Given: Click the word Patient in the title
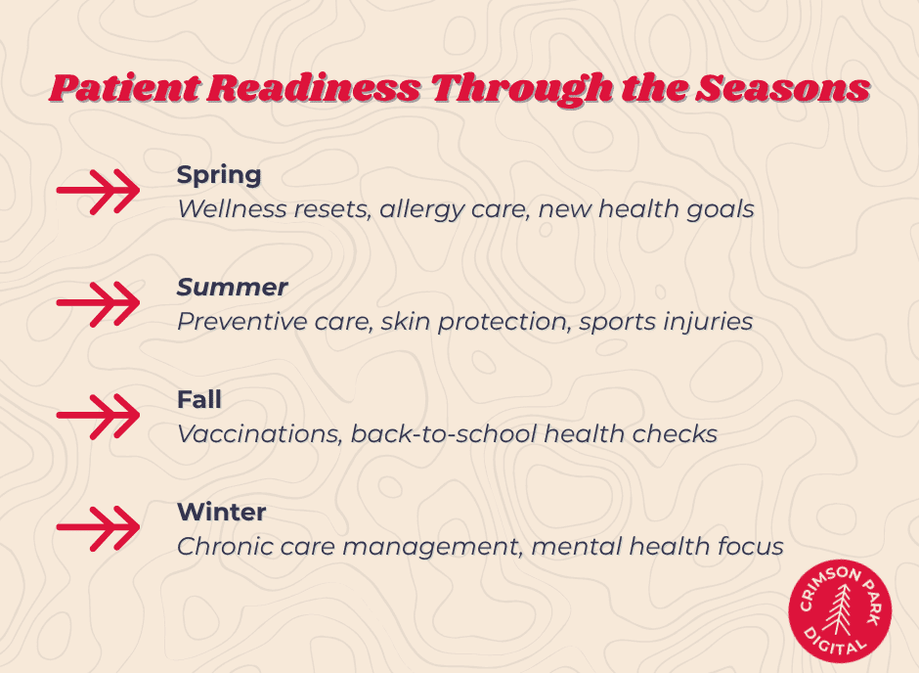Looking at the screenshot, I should (x=120, y=89).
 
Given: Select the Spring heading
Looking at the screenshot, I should (x=218, y=175).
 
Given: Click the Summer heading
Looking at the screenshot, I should (x=232, y=287).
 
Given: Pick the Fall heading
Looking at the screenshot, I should (x=198, y=399).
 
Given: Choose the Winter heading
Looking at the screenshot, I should (x=221, y=512).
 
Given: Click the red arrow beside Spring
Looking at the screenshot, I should (x=98, y=191).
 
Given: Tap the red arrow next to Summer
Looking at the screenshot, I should (x=98, y=303).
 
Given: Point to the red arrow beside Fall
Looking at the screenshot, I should (x=98, y=416).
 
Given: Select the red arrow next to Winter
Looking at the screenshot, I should (x=98, y=528).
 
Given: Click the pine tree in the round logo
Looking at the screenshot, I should (x=840, y=612).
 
